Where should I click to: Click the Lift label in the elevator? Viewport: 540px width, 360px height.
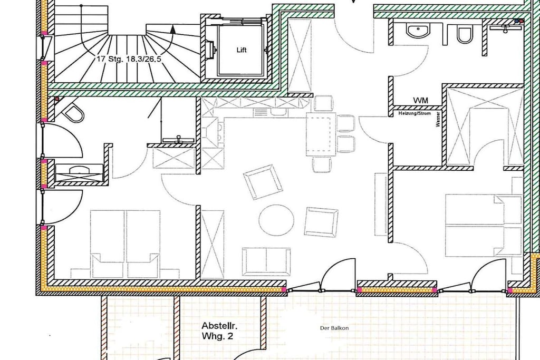point(242,50)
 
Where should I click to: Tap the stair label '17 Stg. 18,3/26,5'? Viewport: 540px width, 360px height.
point(129,59)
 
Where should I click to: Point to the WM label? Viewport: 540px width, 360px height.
point(420,101)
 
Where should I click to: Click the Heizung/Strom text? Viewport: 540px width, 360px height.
point(414,113)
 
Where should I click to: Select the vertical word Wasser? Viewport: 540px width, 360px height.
point(438,119)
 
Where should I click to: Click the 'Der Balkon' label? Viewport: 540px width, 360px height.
point(334,328)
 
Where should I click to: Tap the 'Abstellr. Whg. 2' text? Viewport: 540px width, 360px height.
point(219,330)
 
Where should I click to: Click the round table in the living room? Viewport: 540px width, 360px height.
point(276,220)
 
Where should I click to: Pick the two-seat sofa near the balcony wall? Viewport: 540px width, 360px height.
point(266,261)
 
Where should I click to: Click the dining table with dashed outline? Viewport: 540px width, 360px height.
point(321,134)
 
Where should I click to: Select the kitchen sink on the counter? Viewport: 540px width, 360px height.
point(267,112)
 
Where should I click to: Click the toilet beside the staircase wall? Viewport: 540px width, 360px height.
point(73,112)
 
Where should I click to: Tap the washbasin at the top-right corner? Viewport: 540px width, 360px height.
point(506,27)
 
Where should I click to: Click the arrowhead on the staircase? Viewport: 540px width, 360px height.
point(173,30)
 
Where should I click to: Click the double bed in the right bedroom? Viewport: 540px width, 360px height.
point(484,226)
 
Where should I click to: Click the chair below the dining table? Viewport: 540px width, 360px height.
point(322,164)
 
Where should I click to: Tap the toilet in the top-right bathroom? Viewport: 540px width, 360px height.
point(464,34)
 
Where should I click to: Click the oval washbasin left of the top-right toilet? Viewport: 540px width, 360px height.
point(418,31)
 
